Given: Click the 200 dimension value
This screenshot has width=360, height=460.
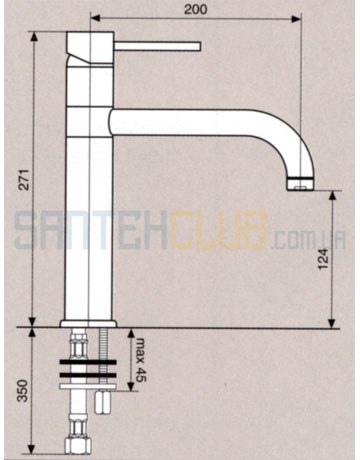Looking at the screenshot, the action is (196, 9).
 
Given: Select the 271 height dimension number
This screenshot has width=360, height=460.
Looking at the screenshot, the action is (24, 180).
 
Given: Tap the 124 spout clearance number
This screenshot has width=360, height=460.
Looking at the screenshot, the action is (323, 259).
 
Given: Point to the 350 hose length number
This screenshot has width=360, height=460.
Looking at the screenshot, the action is (23, 390).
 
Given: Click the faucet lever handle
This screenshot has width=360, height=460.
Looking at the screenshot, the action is (158, 46).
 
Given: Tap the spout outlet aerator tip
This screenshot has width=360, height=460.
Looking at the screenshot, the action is (300, 185).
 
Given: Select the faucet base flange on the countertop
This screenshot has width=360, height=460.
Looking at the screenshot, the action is (88, 324).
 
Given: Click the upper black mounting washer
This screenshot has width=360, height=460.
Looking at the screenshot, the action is (88, 362).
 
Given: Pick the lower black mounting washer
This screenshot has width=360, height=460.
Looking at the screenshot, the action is (88, 375).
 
